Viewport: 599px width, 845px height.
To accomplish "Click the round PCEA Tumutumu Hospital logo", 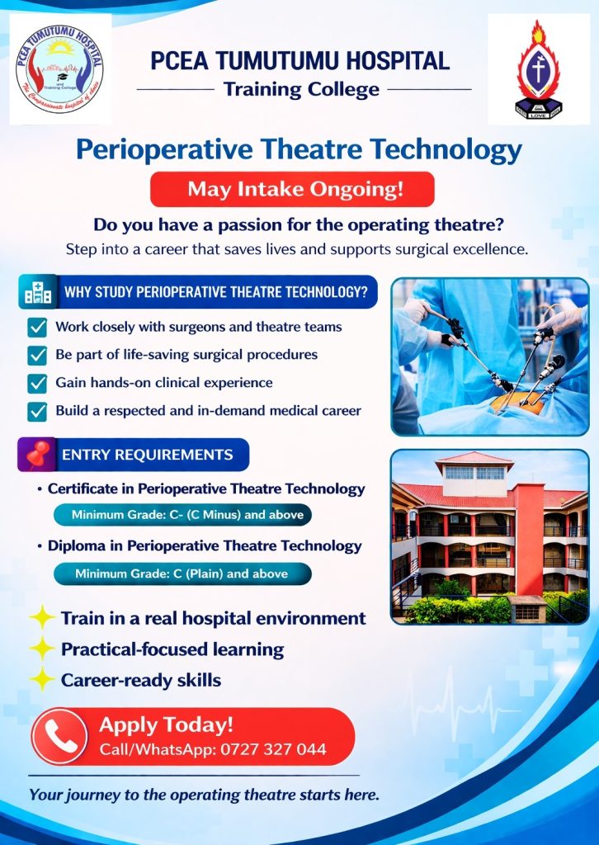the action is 59,69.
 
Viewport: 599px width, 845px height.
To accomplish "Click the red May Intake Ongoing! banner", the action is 292,189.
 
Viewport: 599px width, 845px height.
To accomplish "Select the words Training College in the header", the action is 301,89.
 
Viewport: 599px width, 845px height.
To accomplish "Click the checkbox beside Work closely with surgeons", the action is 37,327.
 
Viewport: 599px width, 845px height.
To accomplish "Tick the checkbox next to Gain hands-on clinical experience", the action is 37,383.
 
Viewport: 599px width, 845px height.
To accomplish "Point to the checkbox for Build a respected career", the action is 37,411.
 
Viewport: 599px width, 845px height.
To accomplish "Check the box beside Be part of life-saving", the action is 37,355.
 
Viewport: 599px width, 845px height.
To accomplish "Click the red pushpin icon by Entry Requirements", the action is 37,454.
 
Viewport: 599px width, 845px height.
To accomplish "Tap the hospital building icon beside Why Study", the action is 38,293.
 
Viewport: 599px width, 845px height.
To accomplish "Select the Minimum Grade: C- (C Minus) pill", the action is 182,515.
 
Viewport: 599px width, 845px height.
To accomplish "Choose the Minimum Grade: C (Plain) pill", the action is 182,574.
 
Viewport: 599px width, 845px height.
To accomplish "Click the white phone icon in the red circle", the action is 59,736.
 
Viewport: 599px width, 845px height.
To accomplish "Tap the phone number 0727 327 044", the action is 274,749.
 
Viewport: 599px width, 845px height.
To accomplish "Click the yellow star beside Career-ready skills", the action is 42,679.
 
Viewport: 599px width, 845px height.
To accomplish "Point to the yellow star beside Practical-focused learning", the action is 42,649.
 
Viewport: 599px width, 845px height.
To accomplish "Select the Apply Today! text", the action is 166,725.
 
